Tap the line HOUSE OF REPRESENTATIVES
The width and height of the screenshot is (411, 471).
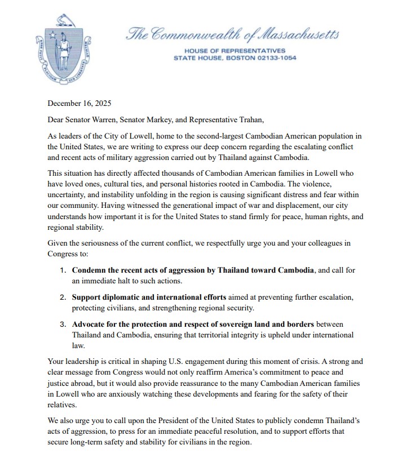click(235, 51)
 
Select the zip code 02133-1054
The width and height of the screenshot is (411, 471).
click(276, 57)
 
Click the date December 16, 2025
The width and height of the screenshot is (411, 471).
click(79, 103)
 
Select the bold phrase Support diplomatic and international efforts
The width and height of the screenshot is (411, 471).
click(149, 297)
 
